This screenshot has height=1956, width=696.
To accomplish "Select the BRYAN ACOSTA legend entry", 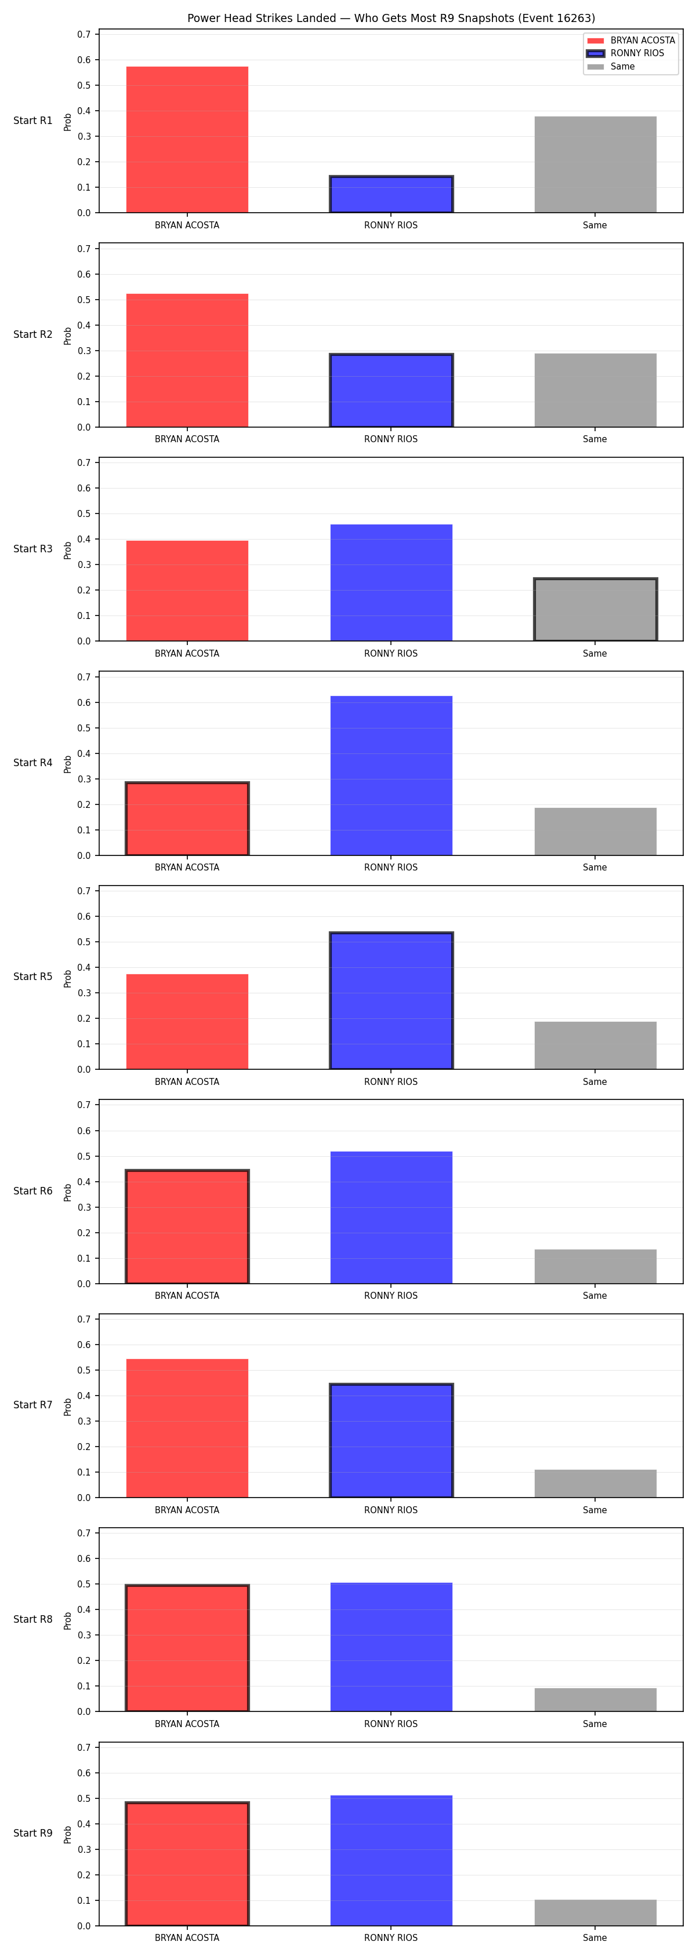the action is pos(630,40).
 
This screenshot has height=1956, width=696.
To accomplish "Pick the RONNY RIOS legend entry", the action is pos(625,53).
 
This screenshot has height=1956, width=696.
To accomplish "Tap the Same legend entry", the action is pos(611,67).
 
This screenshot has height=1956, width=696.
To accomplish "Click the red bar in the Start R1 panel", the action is pos(187,140).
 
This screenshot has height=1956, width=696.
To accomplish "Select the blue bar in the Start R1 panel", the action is pos(391,194).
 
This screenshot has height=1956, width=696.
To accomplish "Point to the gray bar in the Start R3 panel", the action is pos(595,610).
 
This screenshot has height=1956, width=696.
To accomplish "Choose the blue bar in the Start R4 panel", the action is pos(391,775).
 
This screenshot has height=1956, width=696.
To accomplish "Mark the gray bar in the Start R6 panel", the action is pos(595,1266).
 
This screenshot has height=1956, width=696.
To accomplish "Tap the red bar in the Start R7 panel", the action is pos(187,1428).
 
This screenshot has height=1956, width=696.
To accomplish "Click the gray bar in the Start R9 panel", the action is pos(595,1913).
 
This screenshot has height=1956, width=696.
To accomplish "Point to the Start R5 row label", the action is pos(32,977).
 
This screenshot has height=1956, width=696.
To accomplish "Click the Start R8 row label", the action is pos(32,1619).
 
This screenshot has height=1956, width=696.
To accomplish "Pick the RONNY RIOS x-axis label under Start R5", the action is pos(390,1081).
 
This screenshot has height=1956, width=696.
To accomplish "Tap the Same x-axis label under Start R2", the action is pos(595,439).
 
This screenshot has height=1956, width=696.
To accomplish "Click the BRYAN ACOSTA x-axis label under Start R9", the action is pos(187,1938).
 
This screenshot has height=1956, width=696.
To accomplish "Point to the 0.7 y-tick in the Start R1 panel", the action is pos(84,34).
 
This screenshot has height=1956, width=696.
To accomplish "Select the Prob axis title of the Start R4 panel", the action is pos(68,764).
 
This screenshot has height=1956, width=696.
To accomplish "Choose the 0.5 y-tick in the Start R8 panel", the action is pos(84,1584).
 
